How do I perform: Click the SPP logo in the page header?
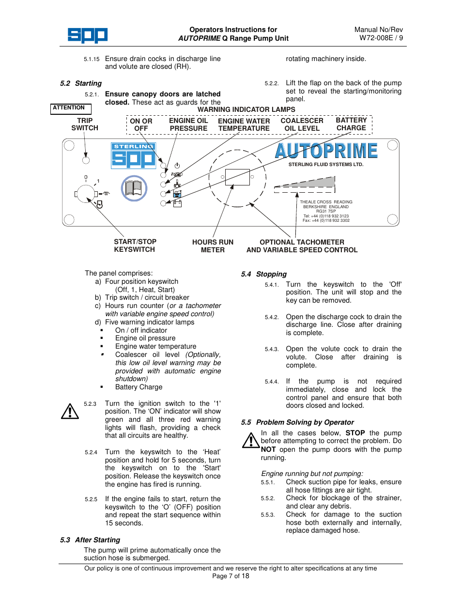click(x=87, y=35)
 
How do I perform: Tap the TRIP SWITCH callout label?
click(x=85, y=124)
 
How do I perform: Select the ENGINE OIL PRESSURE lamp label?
click(x=188, y=124)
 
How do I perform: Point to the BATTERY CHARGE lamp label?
click(x=351, y=124)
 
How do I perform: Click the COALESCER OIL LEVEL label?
click(x=302, y=124)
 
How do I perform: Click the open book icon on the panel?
click(x=134, y=188)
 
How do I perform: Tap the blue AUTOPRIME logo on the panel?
click(x=326, y=151)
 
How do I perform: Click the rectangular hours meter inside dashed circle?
click(x=237, y=177)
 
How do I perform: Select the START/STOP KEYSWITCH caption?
click(x=135, y=245)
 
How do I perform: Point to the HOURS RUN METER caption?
click(x=213, y=246)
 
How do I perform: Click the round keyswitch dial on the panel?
click(x=86, y=194)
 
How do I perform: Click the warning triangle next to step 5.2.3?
click(x=70, y=412)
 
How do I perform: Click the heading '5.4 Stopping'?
click(x=264, y=274)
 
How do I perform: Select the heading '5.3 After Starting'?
click(x=90, y=540)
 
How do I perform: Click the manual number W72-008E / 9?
click(x=381, y=38)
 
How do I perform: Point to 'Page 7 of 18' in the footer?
click(x=231, y=576)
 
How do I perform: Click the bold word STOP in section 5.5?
click(x=355, y=433)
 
